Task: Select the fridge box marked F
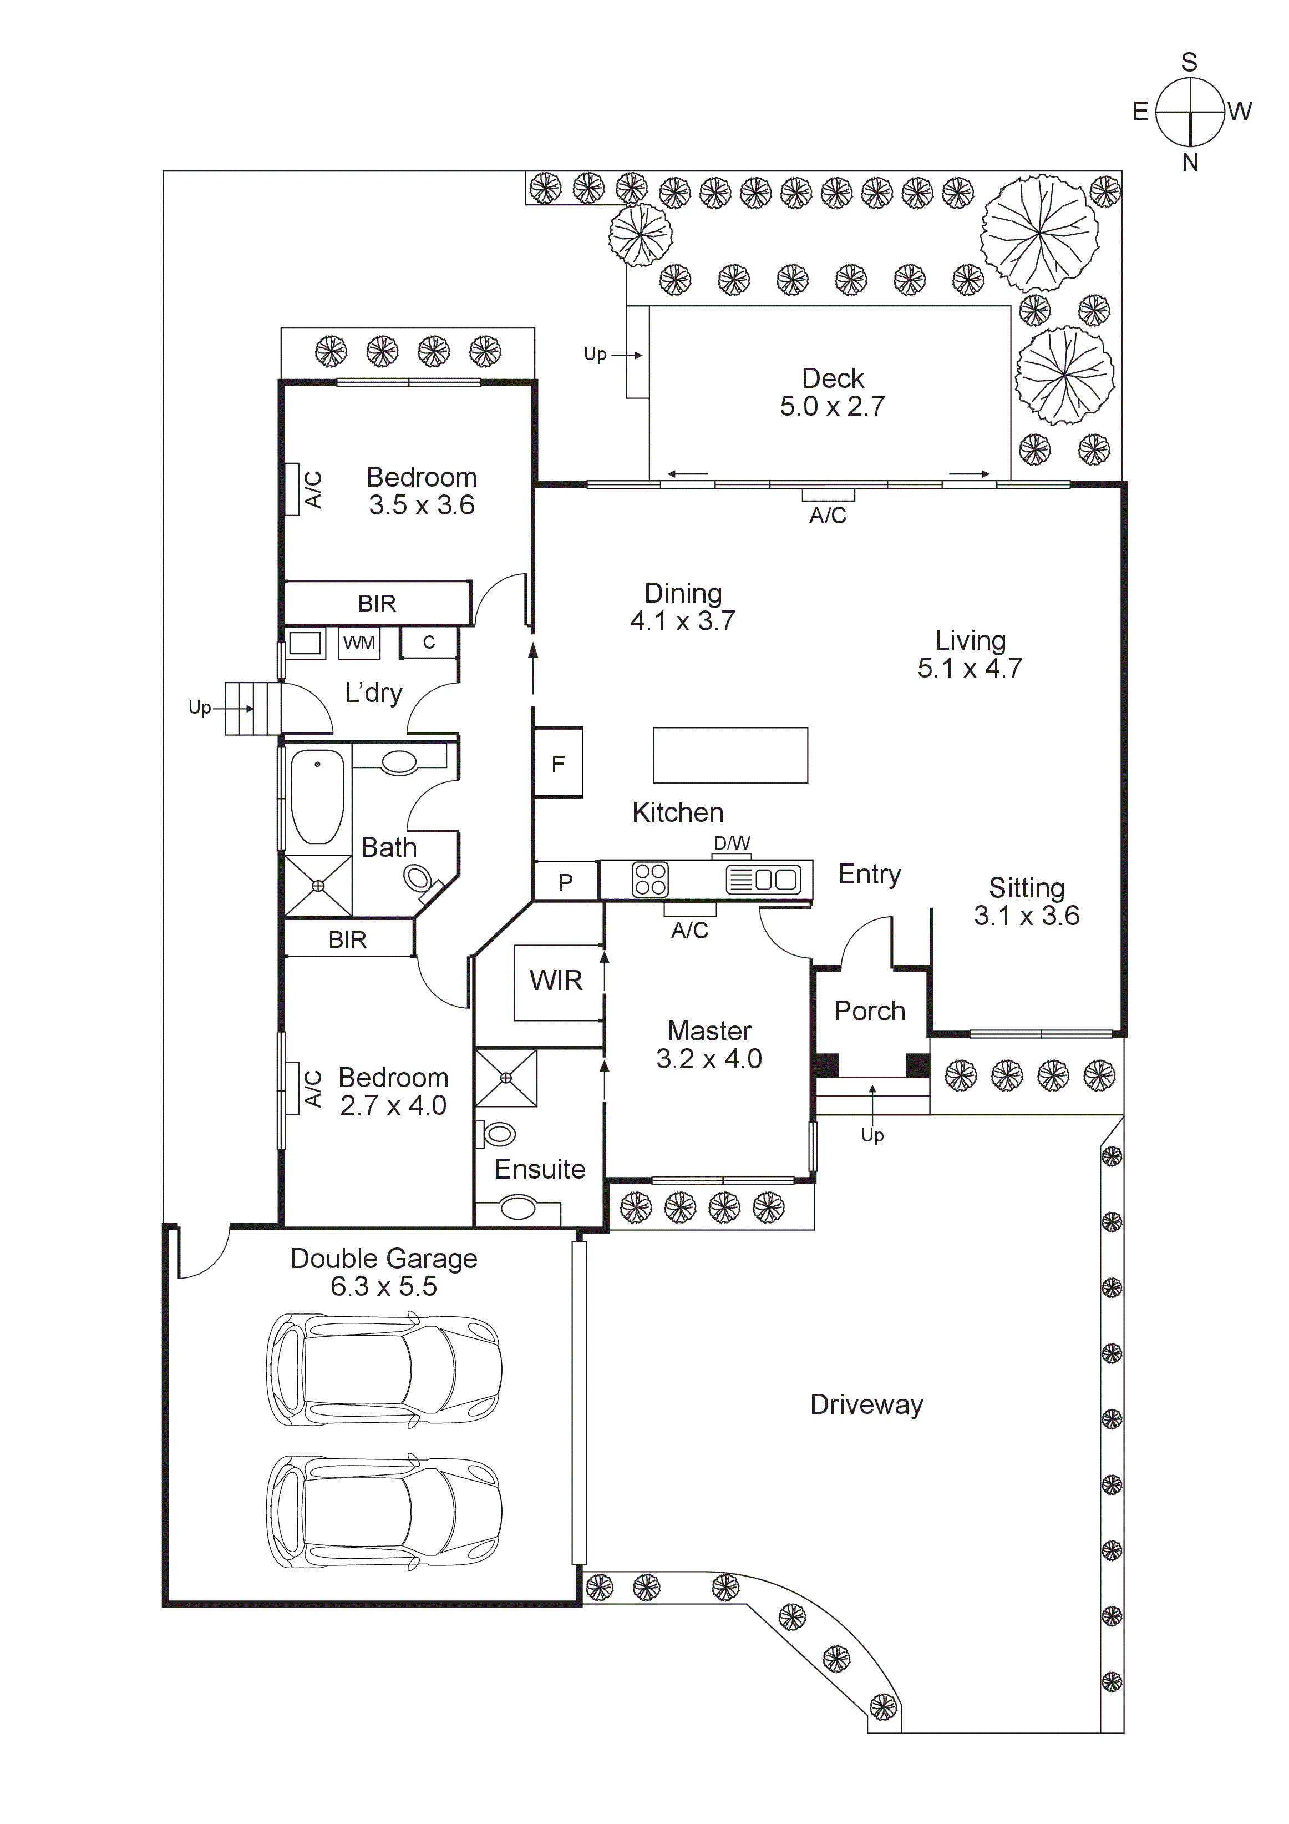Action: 559,762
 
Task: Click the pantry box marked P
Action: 566,882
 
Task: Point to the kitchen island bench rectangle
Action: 730,755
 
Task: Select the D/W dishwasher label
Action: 732,843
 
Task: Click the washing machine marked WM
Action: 359,643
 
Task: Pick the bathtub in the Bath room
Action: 318,797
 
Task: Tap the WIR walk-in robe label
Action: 556,981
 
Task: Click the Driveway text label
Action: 866,1404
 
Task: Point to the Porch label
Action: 869,1011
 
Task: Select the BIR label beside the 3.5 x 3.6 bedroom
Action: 377,603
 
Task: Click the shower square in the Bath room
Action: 318,886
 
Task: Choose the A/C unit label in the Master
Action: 689,929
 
